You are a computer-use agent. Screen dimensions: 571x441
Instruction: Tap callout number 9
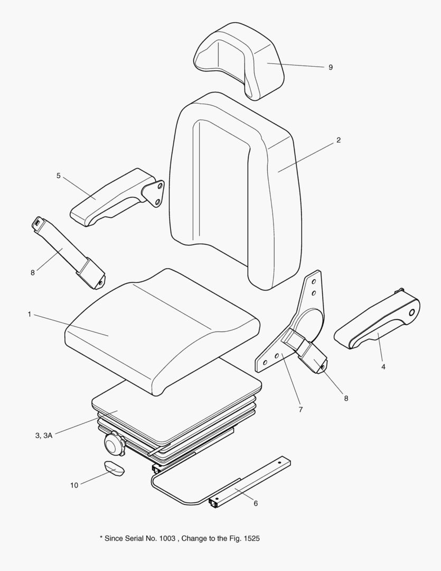coord(331,68)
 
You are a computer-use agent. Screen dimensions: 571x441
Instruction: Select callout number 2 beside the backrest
coord(339,140)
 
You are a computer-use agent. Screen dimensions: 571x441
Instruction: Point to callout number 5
coord(59,176)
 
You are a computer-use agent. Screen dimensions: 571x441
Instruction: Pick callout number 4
coord(383,366)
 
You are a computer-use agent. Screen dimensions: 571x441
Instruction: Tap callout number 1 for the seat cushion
coord(30,315)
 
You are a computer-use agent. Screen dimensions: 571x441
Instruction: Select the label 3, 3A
coord(44,436)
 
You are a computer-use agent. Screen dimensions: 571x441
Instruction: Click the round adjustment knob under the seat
coord(114,444)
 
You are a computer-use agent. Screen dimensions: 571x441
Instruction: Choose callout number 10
coord(74,485)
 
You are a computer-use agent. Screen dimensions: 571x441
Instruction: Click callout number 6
coord(256,503)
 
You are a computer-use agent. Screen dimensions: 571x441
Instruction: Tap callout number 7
coord(301,409)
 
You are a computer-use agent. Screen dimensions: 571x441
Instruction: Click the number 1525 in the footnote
coord(251,538)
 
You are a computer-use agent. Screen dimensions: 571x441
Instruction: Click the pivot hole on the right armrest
coord(410,312)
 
